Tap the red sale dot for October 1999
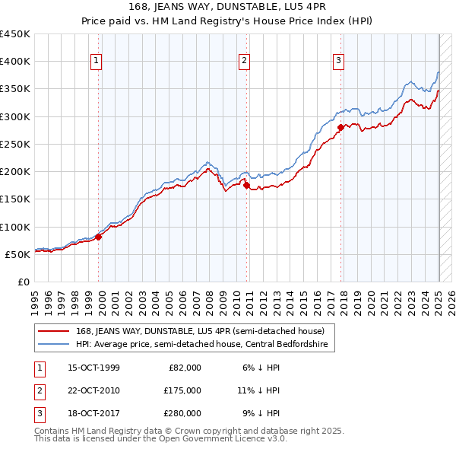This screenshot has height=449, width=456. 99,237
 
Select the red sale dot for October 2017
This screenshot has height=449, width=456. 340,127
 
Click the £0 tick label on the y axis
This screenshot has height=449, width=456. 24,282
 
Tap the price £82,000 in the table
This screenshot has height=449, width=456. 185,368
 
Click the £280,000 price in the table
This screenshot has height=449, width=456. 182,413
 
